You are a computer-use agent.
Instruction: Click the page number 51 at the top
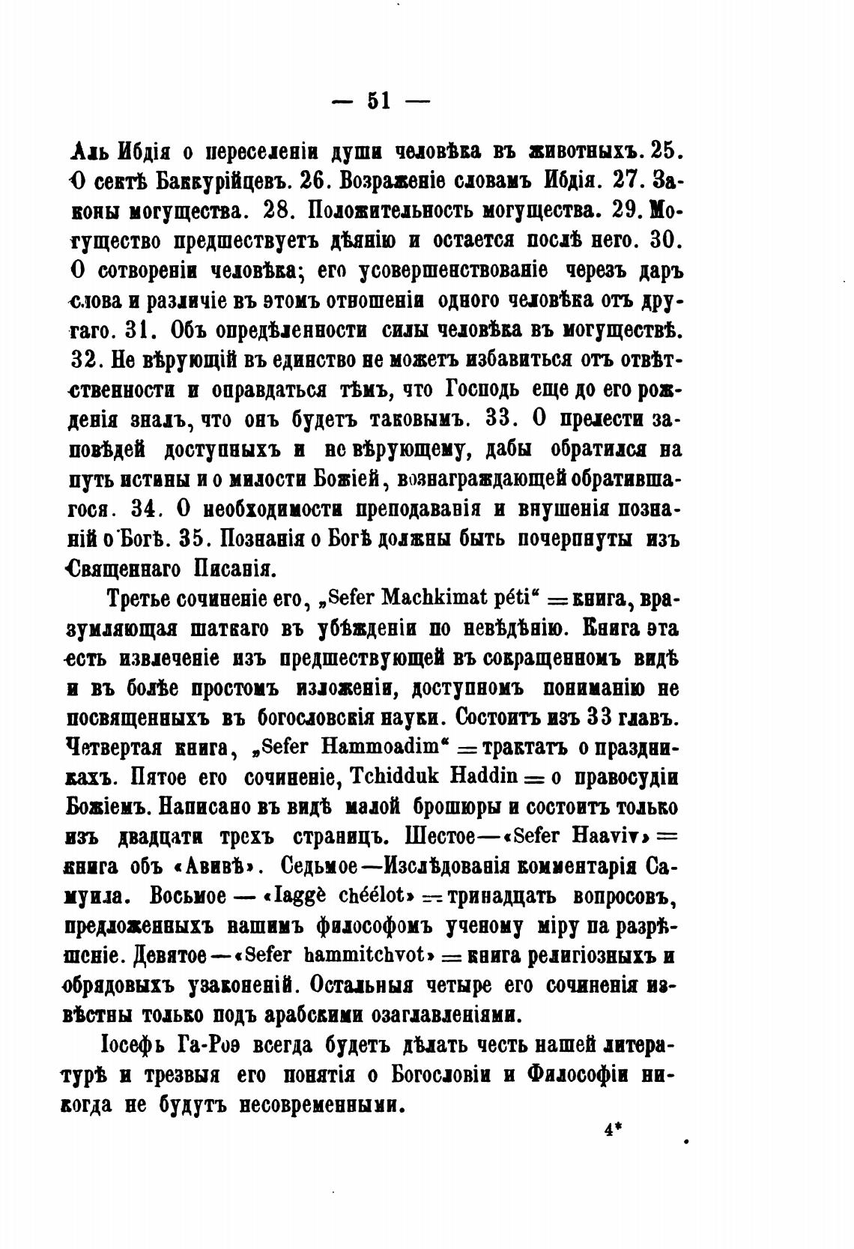(x=379, y=100)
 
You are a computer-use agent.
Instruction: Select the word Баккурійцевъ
(x=228, y=181)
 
